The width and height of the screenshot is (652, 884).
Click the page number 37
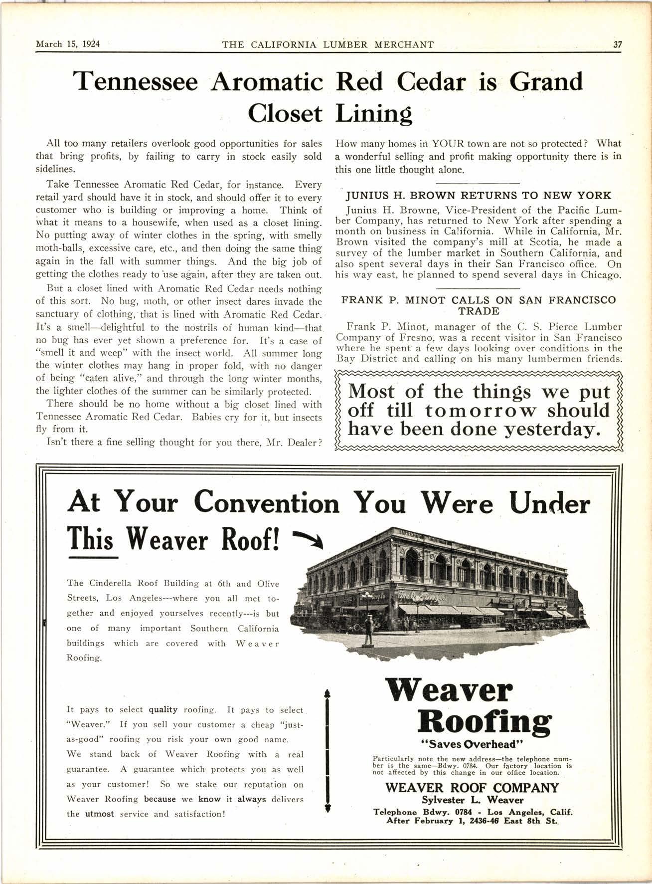(x=618, y=44)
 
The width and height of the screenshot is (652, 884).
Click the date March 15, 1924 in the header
(x=68, y=44)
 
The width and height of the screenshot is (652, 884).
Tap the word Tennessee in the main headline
(x=136, y=81)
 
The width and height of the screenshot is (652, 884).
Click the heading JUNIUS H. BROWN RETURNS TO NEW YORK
(x=479, y=195)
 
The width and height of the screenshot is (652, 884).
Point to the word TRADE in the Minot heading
(x=479, y=311)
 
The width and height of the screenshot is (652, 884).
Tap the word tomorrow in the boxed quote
(x=482, y=411)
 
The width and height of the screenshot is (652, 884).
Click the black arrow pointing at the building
(x=309, y=539)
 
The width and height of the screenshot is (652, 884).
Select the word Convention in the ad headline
(x=267, y=502)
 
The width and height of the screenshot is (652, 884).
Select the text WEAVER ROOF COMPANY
(x=472, y=788)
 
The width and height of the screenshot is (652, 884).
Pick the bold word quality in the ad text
(x=163, y=709)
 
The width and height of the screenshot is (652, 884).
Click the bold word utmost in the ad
(x=99, y=814)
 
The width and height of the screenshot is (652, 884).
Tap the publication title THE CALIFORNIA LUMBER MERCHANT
(x=327, y=44)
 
